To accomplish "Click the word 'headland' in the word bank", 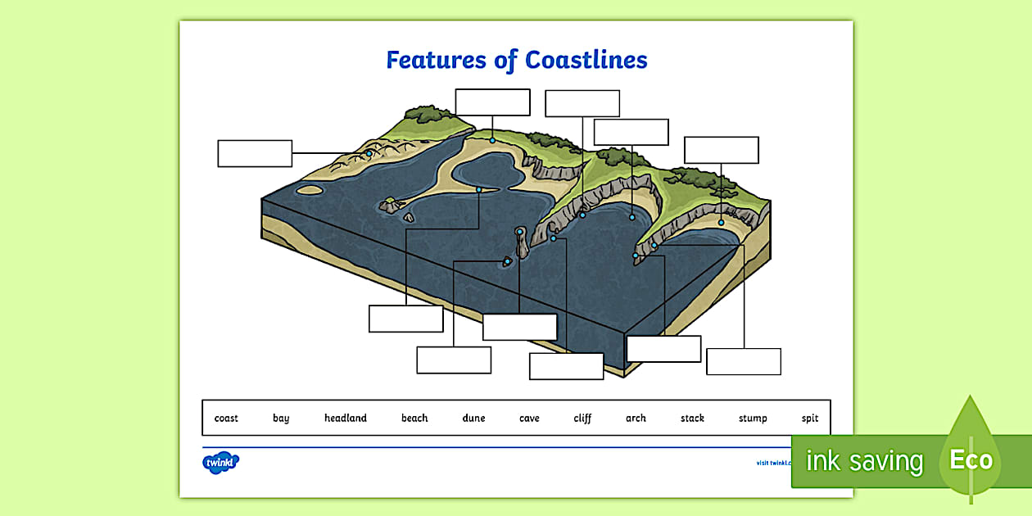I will click(345, 418).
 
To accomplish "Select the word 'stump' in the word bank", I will click(753, 418).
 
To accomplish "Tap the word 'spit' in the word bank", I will click(810, 418).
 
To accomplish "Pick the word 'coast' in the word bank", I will click(226, 418).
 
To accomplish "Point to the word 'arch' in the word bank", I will click(636, 418).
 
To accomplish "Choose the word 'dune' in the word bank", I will click(473, 418).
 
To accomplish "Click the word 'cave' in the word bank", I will click(529, 418).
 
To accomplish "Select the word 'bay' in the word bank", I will click(281, 418).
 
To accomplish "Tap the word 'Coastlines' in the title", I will click(586, 60).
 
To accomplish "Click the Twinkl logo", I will click(220, 462).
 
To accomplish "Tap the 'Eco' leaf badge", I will click(971, 459).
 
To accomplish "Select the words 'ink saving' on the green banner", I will click(864, 461).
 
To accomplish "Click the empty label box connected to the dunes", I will click(255, 153).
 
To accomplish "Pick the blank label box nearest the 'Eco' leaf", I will click(743, 361).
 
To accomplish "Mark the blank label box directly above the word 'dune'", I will click(454, 360).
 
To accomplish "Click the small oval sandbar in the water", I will click(309, 190).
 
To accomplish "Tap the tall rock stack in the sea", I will click(521, 243).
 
